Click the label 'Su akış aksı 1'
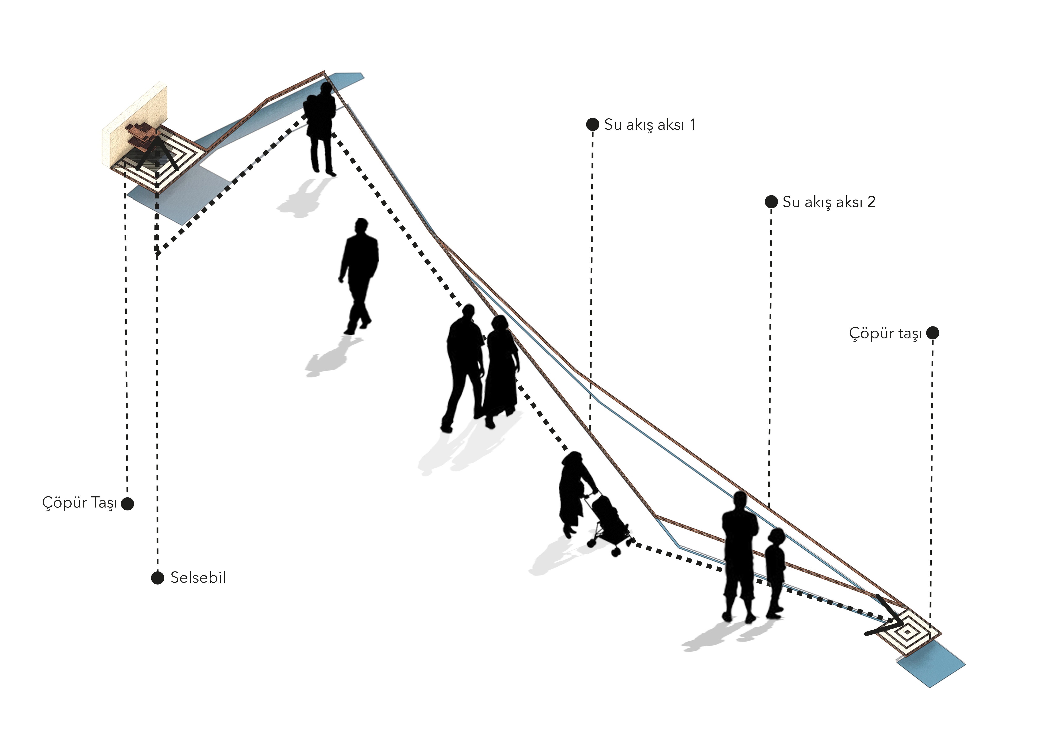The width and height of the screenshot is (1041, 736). coord(650,125)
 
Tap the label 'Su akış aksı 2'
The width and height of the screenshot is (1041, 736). coord(829,202)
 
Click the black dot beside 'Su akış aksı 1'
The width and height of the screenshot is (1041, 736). coord(593,125)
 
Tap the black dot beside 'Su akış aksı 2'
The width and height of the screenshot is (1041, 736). coord(771,202)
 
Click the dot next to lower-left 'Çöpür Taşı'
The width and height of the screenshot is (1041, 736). coord(128,504)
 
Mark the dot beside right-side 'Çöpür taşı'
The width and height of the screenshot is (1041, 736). coord(933,333)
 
